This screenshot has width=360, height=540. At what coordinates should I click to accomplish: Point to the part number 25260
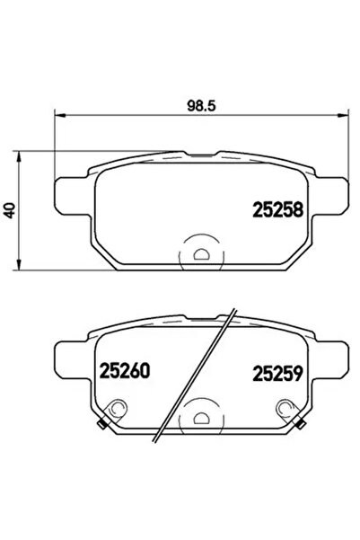pos(115,370)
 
